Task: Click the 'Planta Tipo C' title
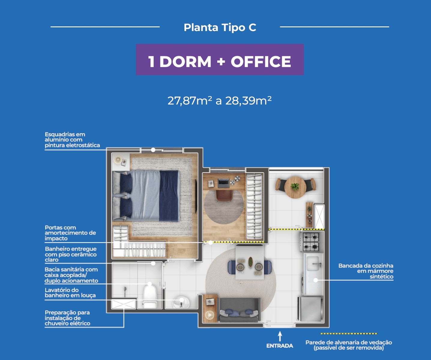(x=220, y=28)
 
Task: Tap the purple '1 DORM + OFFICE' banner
(x=220, y=59)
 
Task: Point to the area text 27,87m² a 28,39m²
(x=219, y=101)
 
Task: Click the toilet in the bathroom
(x=150, y=296)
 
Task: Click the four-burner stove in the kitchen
(x=311, y=241)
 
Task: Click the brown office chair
(x=224, y=195)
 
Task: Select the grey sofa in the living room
(x=239, y=310)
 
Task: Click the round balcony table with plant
(x=295, y=187)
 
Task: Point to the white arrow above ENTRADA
(x=280, y=336)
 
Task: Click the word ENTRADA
(x=280, y=346)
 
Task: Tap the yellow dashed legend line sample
(x=349, y=334)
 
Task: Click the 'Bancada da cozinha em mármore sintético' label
(x=366, y=271)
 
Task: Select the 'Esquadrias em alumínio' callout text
(x=72, y=140)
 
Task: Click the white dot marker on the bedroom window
(x=153, y=150)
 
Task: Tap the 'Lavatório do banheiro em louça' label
(x=70, y=292)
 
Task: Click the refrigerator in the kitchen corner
(x=310, y=309)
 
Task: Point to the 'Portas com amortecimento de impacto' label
(x=70, y=233)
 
